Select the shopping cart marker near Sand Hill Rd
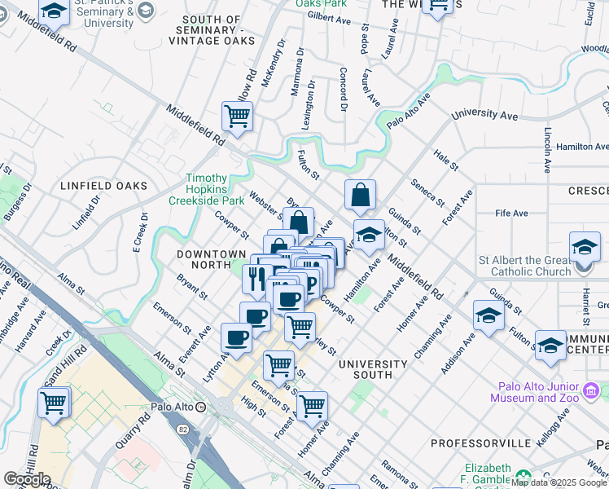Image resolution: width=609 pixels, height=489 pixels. tap(54, 403)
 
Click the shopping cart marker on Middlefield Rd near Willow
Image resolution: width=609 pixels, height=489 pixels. tap(237, 117)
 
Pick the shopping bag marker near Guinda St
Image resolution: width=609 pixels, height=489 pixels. tap(360, 196)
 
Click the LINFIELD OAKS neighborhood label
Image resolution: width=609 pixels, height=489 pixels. tap(104, 186)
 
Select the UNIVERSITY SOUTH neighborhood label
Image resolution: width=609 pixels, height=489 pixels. tap(373, 369)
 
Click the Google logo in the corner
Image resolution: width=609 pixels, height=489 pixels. tap(27, 479)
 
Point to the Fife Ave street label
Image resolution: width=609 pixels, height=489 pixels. tap(511, 214)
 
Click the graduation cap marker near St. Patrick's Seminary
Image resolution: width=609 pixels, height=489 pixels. tap(55, 11)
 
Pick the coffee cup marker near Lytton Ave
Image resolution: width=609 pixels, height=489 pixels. tap(237, 338)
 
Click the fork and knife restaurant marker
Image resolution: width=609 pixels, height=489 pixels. tap(257, 280)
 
